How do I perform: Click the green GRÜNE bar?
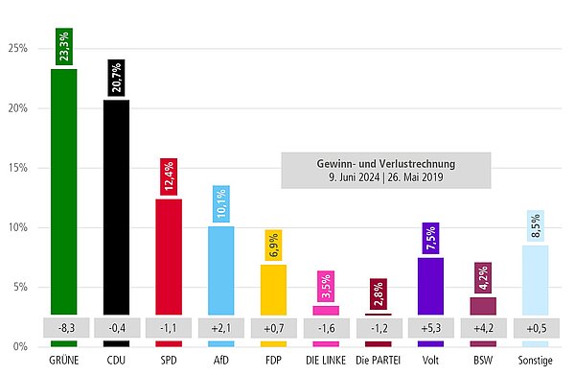(64, 192)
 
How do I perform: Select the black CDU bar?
(116, 206)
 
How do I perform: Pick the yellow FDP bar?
(273, 289)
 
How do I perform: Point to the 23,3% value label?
(64, 47)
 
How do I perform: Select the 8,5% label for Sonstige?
(535, 227)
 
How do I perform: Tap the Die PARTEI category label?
(378, 361)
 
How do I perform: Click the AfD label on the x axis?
(220, 361)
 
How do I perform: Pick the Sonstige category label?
(535, 361)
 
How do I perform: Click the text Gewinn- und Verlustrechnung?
(386, 163)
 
